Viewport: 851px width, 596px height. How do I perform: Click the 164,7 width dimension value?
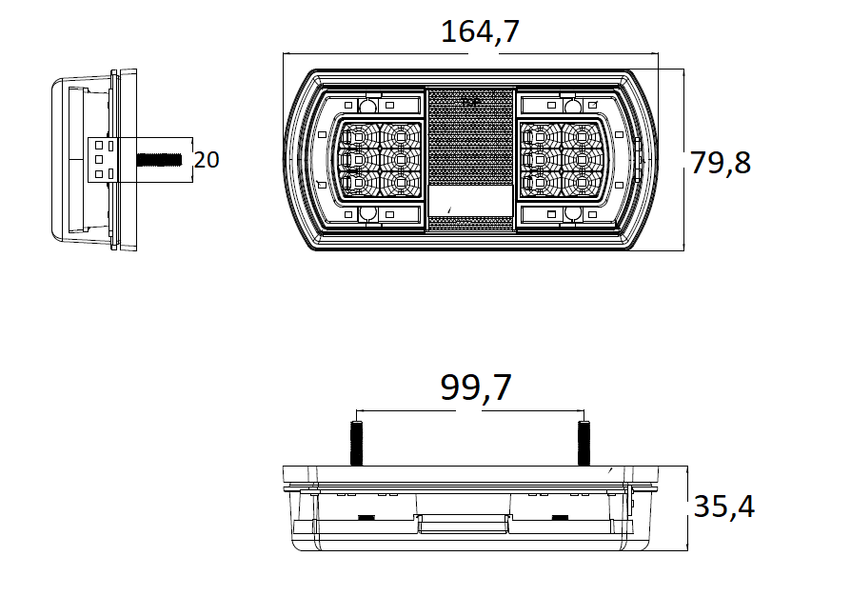(480, 32)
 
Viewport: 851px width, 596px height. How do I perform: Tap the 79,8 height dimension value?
(721, 163)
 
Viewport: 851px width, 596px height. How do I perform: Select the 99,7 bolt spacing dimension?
(476, 388)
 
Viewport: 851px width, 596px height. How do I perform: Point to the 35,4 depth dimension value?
(723, 507)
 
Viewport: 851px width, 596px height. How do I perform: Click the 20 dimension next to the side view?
(207, 160)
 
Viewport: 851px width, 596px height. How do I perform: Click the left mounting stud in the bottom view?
(359, 444)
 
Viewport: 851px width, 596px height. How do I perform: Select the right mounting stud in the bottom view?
(584, 444)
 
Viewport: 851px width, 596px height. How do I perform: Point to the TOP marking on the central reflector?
(467, 100)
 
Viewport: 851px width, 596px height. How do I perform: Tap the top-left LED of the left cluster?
(360, 135)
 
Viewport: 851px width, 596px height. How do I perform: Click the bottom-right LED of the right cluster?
(581, 180)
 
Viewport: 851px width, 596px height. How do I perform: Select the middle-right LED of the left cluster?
(401, 158)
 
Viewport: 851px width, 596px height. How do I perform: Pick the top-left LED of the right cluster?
(540, 135)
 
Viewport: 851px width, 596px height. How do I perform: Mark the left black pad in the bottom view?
(365, 518)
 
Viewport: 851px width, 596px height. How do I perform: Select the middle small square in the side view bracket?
(95, 159)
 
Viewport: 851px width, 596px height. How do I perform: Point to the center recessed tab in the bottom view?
(463, 524)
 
